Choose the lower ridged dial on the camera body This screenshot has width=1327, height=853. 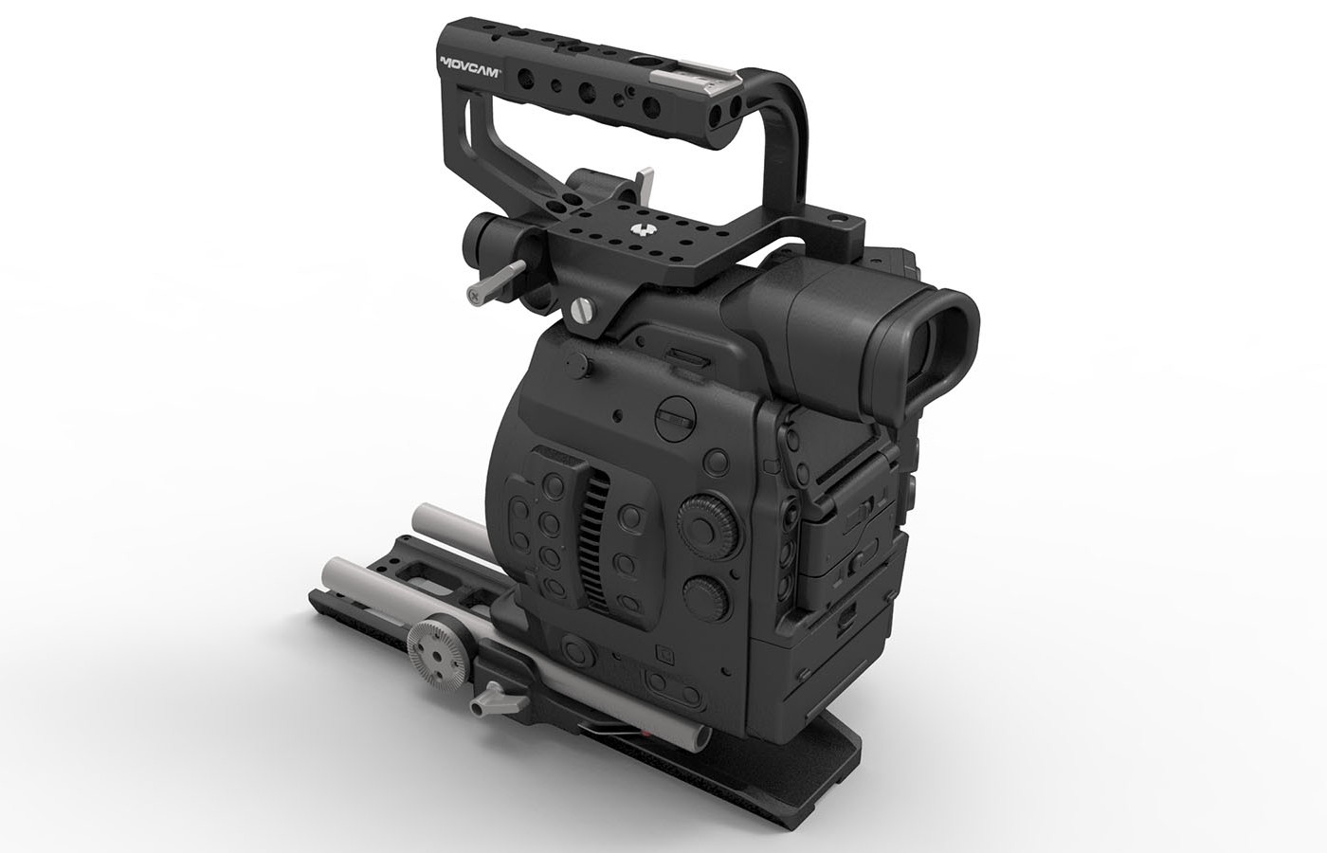711,590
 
